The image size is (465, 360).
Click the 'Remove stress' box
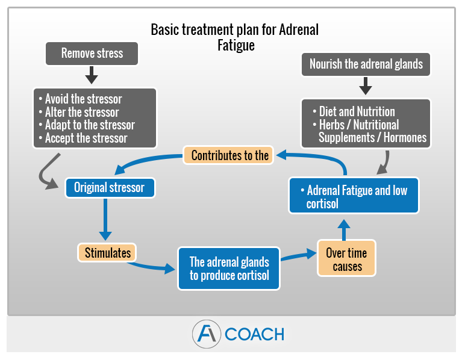point(92,54)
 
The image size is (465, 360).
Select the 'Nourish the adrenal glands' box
point(366,64)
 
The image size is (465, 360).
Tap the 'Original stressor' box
point(110,188)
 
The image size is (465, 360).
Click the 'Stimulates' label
point(107,253)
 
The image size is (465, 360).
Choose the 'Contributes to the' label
point(228,155)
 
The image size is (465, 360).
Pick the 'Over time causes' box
point(346,258)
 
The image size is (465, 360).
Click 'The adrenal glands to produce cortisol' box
point(229,268)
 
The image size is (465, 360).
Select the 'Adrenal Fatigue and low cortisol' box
point(354,196)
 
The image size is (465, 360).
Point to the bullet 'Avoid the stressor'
point(80,99)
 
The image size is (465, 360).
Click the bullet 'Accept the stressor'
point(83,138)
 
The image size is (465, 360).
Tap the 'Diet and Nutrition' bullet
point(354,112)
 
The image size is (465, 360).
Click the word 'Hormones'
point(405,138)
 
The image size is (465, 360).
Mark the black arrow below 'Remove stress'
point(92,75)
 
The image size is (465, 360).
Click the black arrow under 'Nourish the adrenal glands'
point(366,86)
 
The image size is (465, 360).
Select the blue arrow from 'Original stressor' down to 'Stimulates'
point(105,219)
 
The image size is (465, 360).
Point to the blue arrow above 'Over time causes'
point(344,229)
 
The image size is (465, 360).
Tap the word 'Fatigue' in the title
point(236,45)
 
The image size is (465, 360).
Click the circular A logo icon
point(207,334)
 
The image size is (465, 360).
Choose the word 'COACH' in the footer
point(254,334)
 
